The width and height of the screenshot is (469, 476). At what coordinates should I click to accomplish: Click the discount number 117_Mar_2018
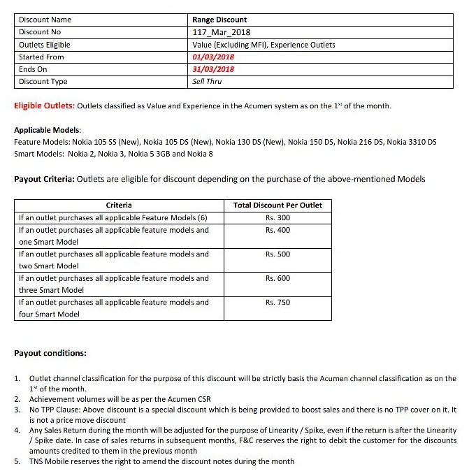[222, 32]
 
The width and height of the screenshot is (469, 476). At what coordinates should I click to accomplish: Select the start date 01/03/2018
[213, 57]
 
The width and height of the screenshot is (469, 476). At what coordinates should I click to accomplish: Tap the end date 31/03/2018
[213, 69]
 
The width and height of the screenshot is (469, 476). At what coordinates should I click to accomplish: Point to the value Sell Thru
[207, 81]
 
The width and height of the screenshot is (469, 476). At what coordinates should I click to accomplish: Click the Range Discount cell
[219, 20]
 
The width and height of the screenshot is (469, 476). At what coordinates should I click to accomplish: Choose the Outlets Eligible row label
[45, 45]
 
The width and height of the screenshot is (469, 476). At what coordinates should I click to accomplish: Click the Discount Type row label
[43, 81]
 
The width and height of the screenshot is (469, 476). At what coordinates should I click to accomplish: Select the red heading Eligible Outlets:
[44, 106]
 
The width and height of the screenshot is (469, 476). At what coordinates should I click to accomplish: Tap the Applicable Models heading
[48, 131]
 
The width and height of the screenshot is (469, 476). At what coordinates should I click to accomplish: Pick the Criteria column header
[119, 205]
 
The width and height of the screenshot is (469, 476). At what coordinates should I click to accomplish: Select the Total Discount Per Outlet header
[278, 205]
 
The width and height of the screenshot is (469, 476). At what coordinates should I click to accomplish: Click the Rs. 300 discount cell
[277, 217]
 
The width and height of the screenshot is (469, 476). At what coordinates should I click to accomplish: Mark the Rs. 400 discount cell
[277, 230]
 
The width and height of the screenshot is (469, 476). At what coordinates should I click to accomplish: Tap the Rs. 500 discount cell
[277, 254]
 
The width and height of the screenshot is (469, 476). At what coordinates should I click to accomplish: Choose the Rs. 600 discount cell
[277, 278]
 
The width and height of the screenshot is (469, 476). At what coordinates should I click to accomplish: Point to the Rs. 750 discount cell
[277, 303]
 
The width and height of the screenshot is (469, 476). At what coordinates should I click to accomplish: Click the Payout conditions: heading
[50, 353]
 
